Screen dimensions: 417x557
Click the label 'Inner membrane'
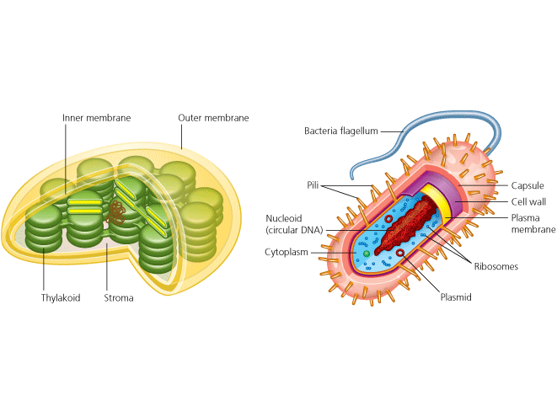pyautogui.click(x=97, y=118)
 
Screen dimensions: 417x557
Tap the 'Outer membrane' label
pyautogui.click(x=213, y=118)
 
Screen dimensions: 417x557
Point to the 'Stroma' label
pyautogui.click(x=118, y=297)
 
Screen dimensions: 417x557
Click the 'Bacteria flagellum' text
pyautogui.click(x=341, y=131)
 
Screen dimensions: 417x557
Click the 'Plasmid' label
pyautogui.click(x=456, y=297)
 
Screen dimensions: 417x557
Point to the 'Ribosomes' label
pyautogui.click(x=495, y=267)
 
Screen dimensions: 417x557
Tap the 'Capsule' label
pyautogui.click(x=528, y=185)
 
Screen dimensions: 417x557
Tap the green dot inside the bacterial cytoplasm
pyautogui.click(x=367, y=253)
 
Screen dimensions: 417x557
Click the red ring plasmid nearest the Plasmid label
pyautogui.click(x=399, y=253)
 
